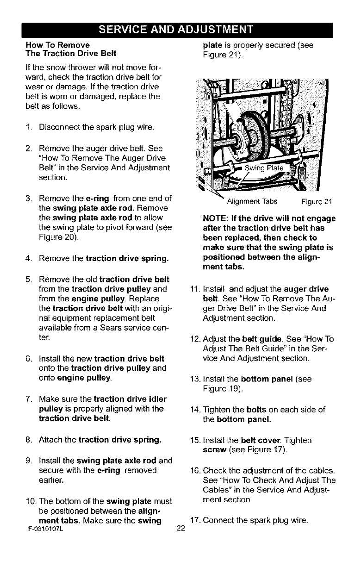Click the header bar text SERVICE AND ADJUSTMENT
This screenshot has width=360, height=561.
coord(180,31)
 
